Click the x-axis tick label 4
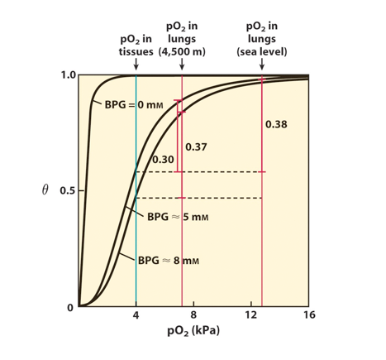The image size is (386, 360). [136, 316]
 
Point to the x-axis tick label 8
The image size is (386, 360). [193, 316]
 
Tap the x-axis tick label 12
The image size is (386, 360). [250, 316]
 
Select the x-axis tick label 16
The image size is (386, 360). [309, 316]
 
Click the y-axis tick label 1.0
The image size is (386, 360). [69, 75]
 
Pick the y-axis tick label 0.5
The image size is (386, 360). [69, 191]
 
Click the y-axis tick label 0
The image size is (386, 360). [71, 308]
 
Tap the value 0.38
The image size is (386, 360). [277, 124]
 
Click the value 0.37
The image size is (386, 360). [197, 146]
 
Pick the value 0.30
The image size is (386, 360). [164, 158]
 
